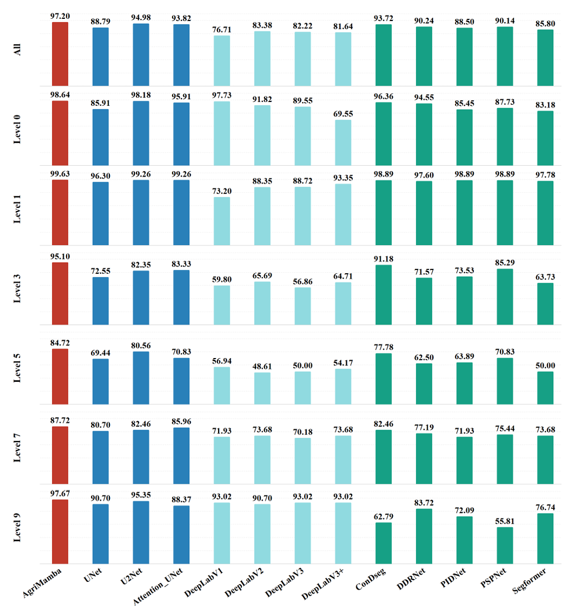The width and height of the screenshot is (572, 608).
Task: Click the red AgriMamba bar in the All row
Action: click(60, 54)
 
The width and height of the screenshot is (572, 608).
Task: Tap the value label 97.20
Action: click(60, 17)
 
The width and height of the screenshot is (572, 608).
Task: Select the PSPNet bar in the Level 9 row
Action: click(505, 545)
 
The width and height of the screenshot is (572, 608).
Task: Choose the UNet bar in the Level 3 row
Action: click(100, 301)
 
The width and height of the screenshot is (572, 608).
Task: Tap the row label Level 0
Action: click(18, 128)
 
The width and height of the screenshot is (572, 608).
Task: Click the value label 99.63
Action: click(60, 174)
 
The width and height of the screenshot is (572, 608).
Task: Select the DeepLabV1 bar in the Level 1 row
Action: click(222, 221)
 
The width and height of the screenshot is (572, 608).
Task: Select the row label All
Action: click(18, 54)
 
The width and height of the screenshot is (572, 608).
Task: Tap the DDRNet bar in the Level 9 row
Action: click(424, 536)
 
